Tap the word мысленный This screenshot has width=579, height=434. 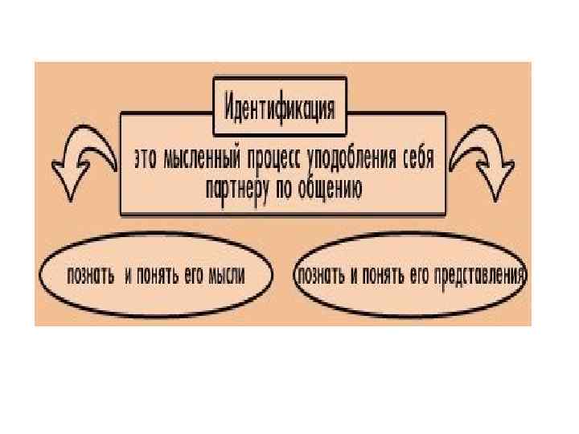[203, 159]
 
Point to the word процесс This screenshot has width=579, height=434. [277, 159]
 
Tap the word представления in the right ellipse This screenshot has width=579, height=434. [483, 276]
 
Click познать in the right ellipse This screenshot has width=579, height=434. [322, 276]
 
